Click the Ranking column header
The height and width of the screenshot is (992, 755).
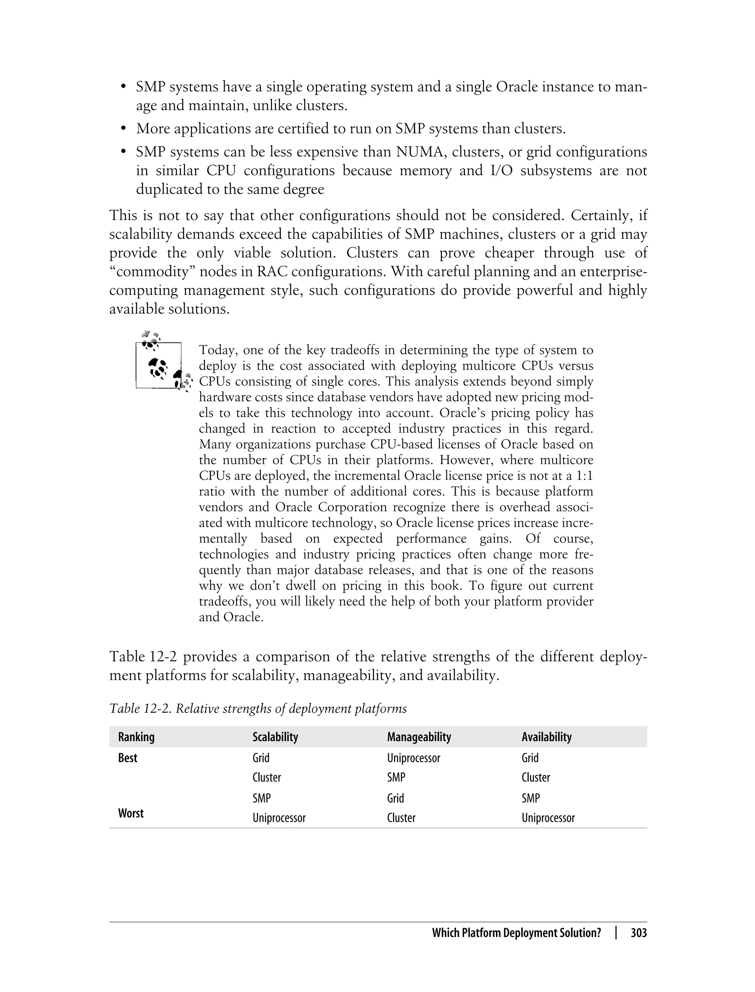pos(136,737)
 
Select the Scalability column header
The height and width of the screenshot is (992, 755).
pos(275,737)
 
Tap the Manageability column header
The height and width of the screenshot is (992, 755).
pos(419,737)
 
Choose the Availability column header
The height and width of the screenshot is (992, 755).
pos(546,737)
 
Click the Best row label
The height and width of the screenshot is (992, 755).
pos(128,758)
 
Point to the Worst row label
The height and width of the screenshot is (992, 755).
pos(131,813)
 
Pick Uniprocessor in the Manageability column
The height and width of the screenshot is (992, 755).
pos(414,758)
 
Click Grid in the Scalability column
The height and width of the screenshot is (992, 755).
pos(261,758)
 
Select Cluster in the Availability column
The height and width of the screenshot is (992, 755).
pos(536,778)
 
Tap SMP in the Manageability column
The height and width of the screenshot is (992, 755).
pos(396,778)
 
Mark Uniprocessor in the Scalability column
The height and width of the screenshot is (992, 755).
pos(279,818)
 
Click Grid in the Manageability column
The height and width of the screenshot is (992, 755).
pos(396,798)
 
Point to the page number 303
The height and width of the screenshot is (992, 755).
pos(639,933)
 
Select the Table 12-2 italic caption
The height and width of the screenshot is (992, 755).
pos(258,709)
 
